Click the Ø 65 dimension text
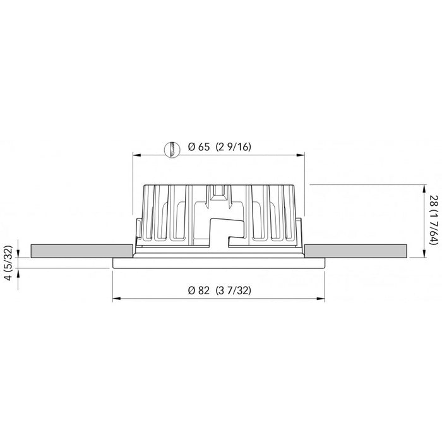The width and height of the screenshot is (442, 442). pos(199,147)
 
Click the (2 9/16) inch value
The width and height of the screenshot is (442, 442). pos(234,147)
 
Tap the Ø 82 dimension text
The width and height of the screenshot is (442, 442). pos(199,290)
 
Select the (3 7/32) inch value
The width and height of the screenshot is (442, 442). pos(234,290)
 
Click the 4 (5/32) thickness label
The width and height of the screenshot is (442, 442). pos(8,263)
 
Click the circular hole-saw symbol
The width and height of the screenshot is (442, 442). pos(172,150)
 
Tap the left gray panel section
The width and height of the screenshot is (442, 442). pos(81,251)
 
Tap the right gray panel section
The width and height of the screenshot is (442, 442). pos(355,251)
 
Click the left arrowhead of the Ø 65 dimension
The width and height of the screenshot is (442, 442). pos(137,155)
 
